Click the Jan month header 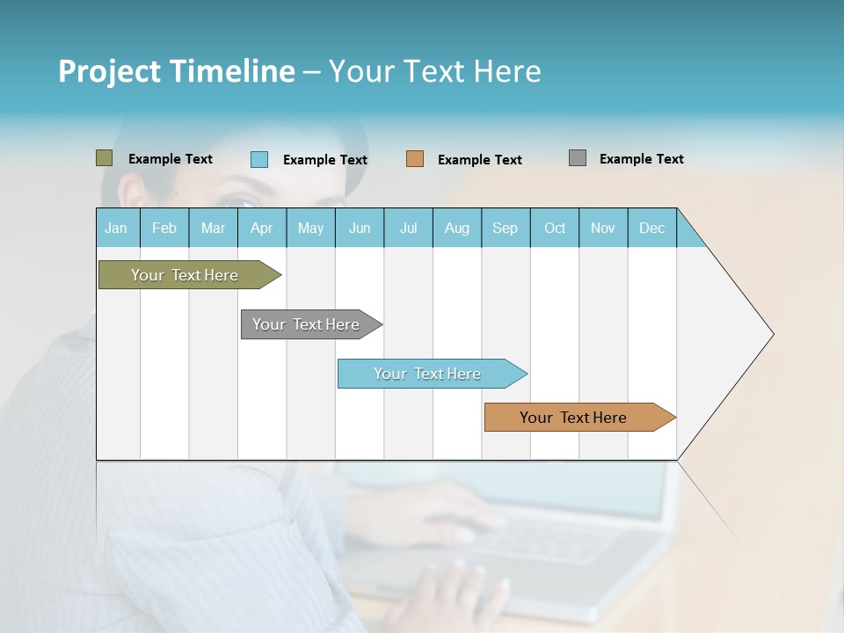point(117,228)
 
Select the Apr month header point(262,228)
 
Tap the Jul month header point(409,228)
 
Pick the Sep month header point(506,228)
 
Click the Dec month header point(652,228)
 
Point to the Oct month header point(555,228)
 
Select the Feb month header point(164,228)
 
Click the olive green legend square point(105,158)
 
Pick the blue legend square point(259,159)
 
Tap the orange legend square point(415,159)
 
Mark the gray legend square point(578,158)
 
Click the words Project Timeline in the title point(176,71)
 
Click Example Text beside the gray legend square point(641,159)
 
